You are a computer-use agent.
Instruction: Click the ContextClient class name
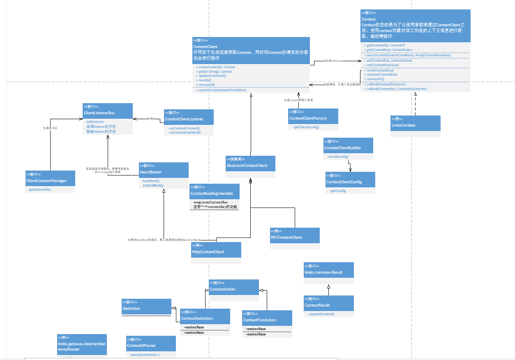[205, 47]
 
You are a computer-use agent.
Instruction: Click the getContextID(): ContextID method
[386, 45]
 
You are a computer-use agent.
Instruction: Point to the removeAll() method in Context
[375, 79]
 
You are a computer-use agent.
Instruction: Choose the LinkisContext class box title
[403, 125]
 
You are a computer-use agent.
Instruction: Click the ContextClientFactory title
[308, 118]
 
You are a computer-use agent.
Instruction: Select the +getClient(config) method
[306, 127]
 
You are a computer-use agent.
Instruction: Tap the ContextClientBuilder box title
[342, 148]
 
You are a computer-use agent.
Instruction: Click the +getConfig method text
[338, 191]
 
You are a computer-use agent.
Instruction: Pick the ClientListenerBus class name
[99, 113]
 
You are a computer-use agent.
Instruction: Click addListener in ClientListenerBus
[95, 122]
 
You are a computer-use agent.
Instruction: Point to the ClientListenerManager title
[46, 181]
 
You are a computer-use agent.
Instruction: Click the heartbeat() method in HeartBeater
[151, 181]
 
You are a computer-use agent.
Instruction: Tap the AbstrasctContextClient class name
[247, 166]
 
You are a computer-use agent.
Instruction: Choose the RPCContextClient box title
[286, 238]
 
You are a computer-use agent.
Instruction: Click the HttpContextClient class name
[208, 252]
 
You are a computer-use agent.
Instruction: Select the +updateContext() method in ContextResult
[321, 314]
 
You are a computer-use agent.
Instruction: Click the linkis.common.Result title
[323, 272]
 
